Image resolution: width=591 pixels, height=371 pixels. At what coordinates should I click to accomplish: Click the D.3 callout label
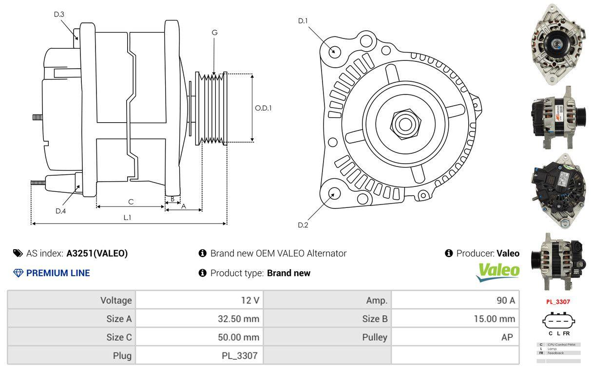(x=59, y=14)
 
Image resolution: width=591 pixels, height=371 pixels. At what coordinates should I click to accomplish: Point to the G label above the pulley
(x=214, y=33)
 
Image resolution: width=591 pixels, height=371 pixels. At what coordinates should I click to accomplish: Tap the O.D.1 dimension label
(x=263, y=108)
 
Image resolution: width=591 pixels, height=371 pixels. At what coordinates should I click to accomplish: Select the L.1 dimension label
(x=127, y=218)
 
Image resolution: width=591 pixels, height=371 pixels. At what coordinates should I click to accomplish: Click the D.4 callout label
(x=60, y=211)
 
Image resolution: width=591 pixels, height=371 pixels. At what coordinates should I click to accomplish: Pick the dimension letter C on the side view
(x=131, y=202)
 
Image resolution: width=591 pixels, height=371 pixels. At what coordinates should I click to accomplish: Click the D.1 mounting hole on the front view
(x=334, y=51)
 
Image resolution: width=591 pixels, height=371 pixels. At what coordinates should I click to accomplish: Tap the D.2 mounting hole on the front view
(x=334, y=193)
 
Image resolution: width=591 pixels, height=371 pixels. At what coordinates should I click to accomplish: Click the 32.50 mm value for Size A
(x=238, y=319)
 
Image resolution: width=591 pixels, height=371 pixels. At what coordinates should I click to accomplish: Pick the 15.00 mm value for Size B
(x=494, y=319)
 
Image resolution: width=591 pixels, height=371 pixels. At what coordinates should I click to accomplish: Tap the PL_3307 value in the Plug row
(x=240, y=355)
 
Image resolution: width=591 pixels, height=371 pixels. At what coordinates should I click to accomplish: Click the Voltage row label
(x=116, y=300)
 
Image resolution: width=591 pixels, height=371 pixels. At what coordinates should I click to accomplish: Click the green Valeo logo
(x=497, y=272)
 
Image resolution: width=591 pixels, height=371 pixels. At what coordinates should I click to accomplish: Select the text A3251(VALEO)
(x=97, y=253)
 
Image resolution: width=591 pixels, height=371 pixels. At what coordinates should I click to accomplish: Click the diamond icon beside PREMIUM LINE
(x=19, y=273)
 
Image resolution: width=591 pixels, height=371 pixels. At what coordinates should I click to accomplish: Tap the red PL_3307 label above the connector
(x=558, y=301)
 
